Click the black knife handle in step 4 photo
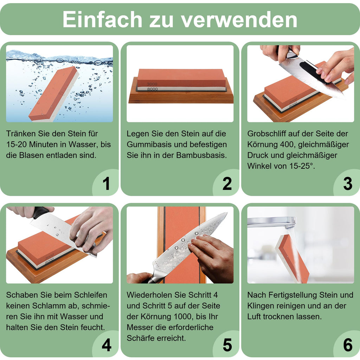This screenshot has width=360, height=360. click(39, 212)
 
